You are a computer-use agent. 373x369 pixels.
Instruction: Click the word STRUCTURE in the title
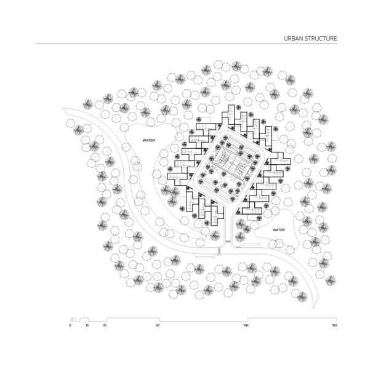321,39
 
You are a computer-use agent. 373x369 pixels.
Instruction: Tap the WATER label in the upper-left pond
149,140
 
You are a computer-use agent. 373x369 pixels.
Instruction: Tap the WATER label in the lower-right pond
279,230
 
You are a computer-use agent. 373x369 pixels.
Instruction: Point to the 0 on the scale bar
70,325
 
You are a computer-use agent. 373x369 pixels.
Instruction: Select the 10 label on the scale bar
87,325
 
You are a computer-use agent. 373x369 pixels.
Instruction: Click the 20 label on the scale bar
105,325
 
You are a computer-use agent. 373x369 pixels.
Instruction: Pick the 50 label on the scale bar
158,325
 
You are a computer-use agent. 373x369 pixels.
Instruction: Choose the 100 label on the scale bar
246,325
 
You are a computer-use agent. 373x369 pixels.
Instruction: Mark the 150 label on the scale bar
334,325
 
